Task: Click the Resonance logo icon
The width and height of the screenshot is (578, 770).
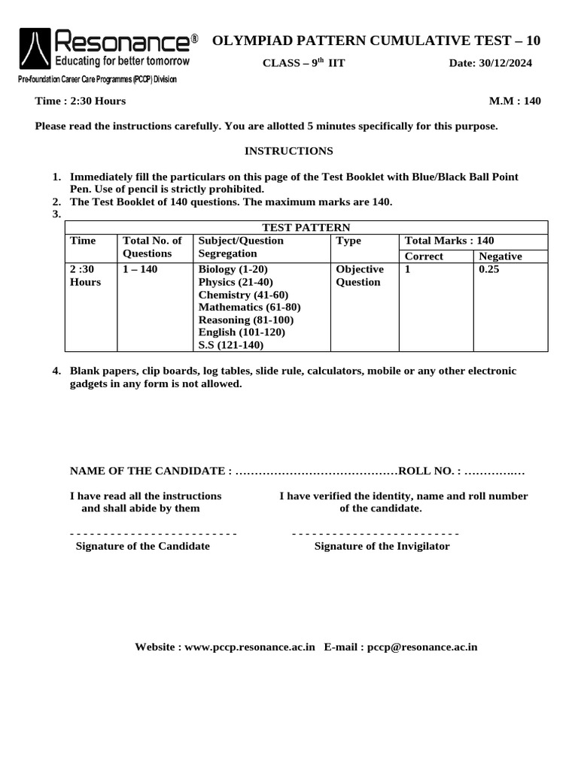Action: pos(35,50)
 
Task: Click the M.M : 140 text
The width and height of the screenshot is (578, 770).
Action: pos(515,101)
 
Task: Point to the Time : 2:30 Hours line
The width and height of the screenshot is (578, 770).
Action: pos(81,101)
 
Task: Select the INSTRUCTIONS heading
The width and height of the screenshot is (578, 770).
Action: pos(289,151)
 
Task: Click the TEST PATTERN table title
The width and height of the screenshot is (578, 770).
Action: pos(306,227)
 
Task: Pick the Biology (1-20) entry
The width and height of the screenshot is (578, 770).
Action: pos(233,269)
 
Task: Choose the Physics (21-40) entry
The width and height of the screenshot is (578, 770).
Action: pos(236,282)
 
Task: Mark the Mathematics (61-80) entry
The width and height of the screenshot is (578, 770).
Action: pos(249,307)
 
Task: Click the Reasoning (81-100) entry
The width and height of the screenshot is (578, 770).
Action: pos(246,320)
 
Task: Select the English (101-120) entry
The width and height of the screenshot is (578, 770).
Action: pos(242,332)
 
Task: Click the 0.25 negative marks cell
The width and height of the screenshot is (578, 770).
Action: pos(489,269)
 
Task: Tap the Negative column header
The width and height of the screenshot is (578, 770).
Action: pos(500,256)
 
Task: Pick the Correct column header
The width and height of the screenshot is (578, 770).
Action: pos(424,256)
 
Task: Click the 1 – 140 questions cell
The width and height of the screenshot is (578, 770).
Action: pos(140,269)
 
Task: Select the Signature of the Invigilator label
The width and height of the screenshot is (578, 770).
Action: pos(382,546)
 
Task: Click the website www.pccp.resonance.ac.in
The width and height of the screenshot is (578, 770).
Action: pos(249,647)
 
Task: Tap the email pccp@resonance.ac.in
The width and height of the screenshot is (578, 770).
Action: pos(422,647)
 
